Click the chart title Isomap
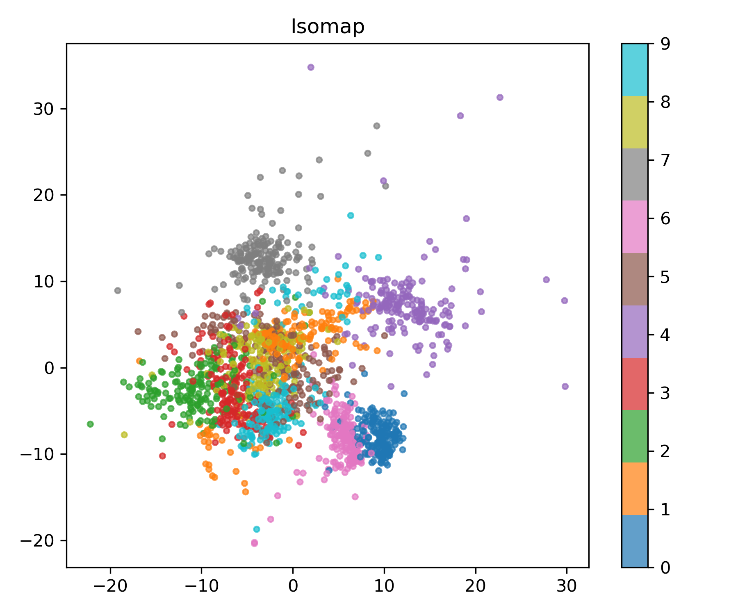[328, 27]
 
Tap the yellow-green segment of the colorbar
[635, 122]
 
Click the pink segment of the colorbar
[635, 227]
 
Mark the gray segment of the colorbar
[635, 174]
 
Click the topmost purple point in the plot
[311, 67]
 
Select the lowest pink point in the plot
[254, 543]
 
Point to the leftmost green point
[90, 424]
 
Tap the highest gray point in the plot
[377, 126]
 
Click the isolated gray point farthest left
[118, 291]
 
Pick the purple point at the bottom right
[565, 386]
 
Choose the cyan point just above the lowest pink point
[257, 529]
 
